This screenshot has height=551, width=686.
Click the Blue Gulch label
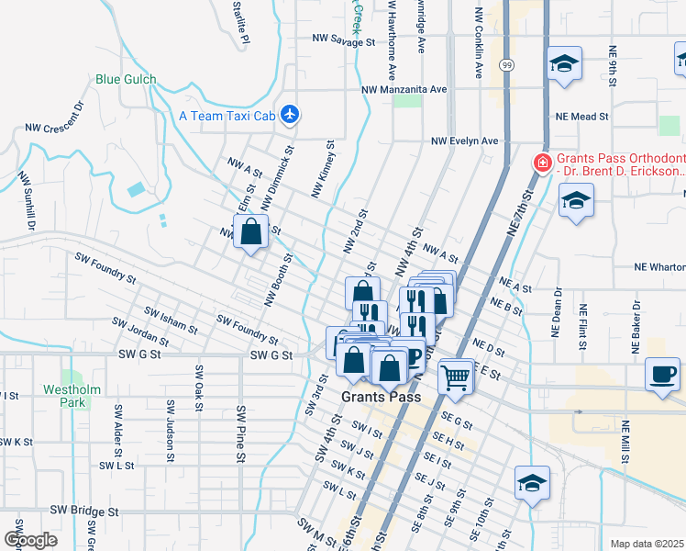(126, 80)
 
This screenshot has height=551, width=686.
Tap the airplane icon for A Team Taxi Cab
(291, 115)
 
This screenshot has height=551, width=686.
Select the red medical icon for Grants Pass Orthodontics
(542, 164)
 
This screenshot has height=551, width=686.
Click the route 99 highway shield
(506, 65)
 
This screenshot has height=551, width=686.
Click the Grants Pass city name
(381, 398)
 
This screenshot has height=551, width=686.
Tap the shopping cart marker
(456, 375)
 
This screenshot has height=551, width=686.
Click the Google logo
(30, 540)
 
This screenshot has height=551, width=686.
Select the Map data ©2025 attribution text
(646, 544)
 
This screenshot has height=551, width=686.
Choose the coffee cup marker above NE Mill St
(662, 374)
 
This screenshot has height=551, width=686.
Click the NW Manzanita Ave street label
(404, 90)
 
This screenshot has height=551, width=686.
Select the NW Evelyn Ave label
(465, 141)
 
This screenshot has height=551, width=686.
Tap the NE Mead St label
(582, 118)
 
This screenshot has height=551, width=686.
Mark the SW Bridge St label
(84, 510)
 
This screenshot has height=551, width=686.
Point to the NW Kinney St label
(323, 170)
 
